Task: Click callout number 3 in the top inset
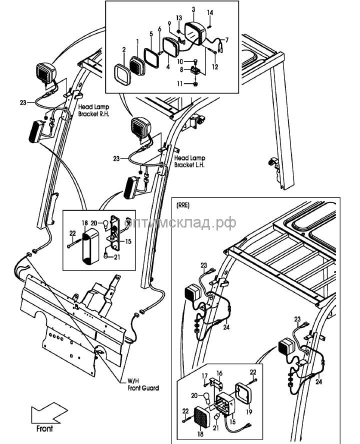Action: (x=193, y=9)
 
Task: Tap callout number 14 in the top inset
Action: (x=210, y=12)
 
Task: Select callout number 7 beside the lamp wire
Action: (x=226, y=39)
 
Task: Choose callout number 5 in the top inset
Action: (x=150, y=34)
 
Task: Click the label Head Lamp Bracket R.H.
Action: (x=93, y=110)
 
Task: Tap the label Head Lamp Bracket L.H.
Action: (x=190, y=161)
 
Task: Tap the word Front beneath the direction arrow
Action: (x=44, y=428)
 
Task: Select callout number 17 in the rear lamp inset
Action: (x=204, y=376)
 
